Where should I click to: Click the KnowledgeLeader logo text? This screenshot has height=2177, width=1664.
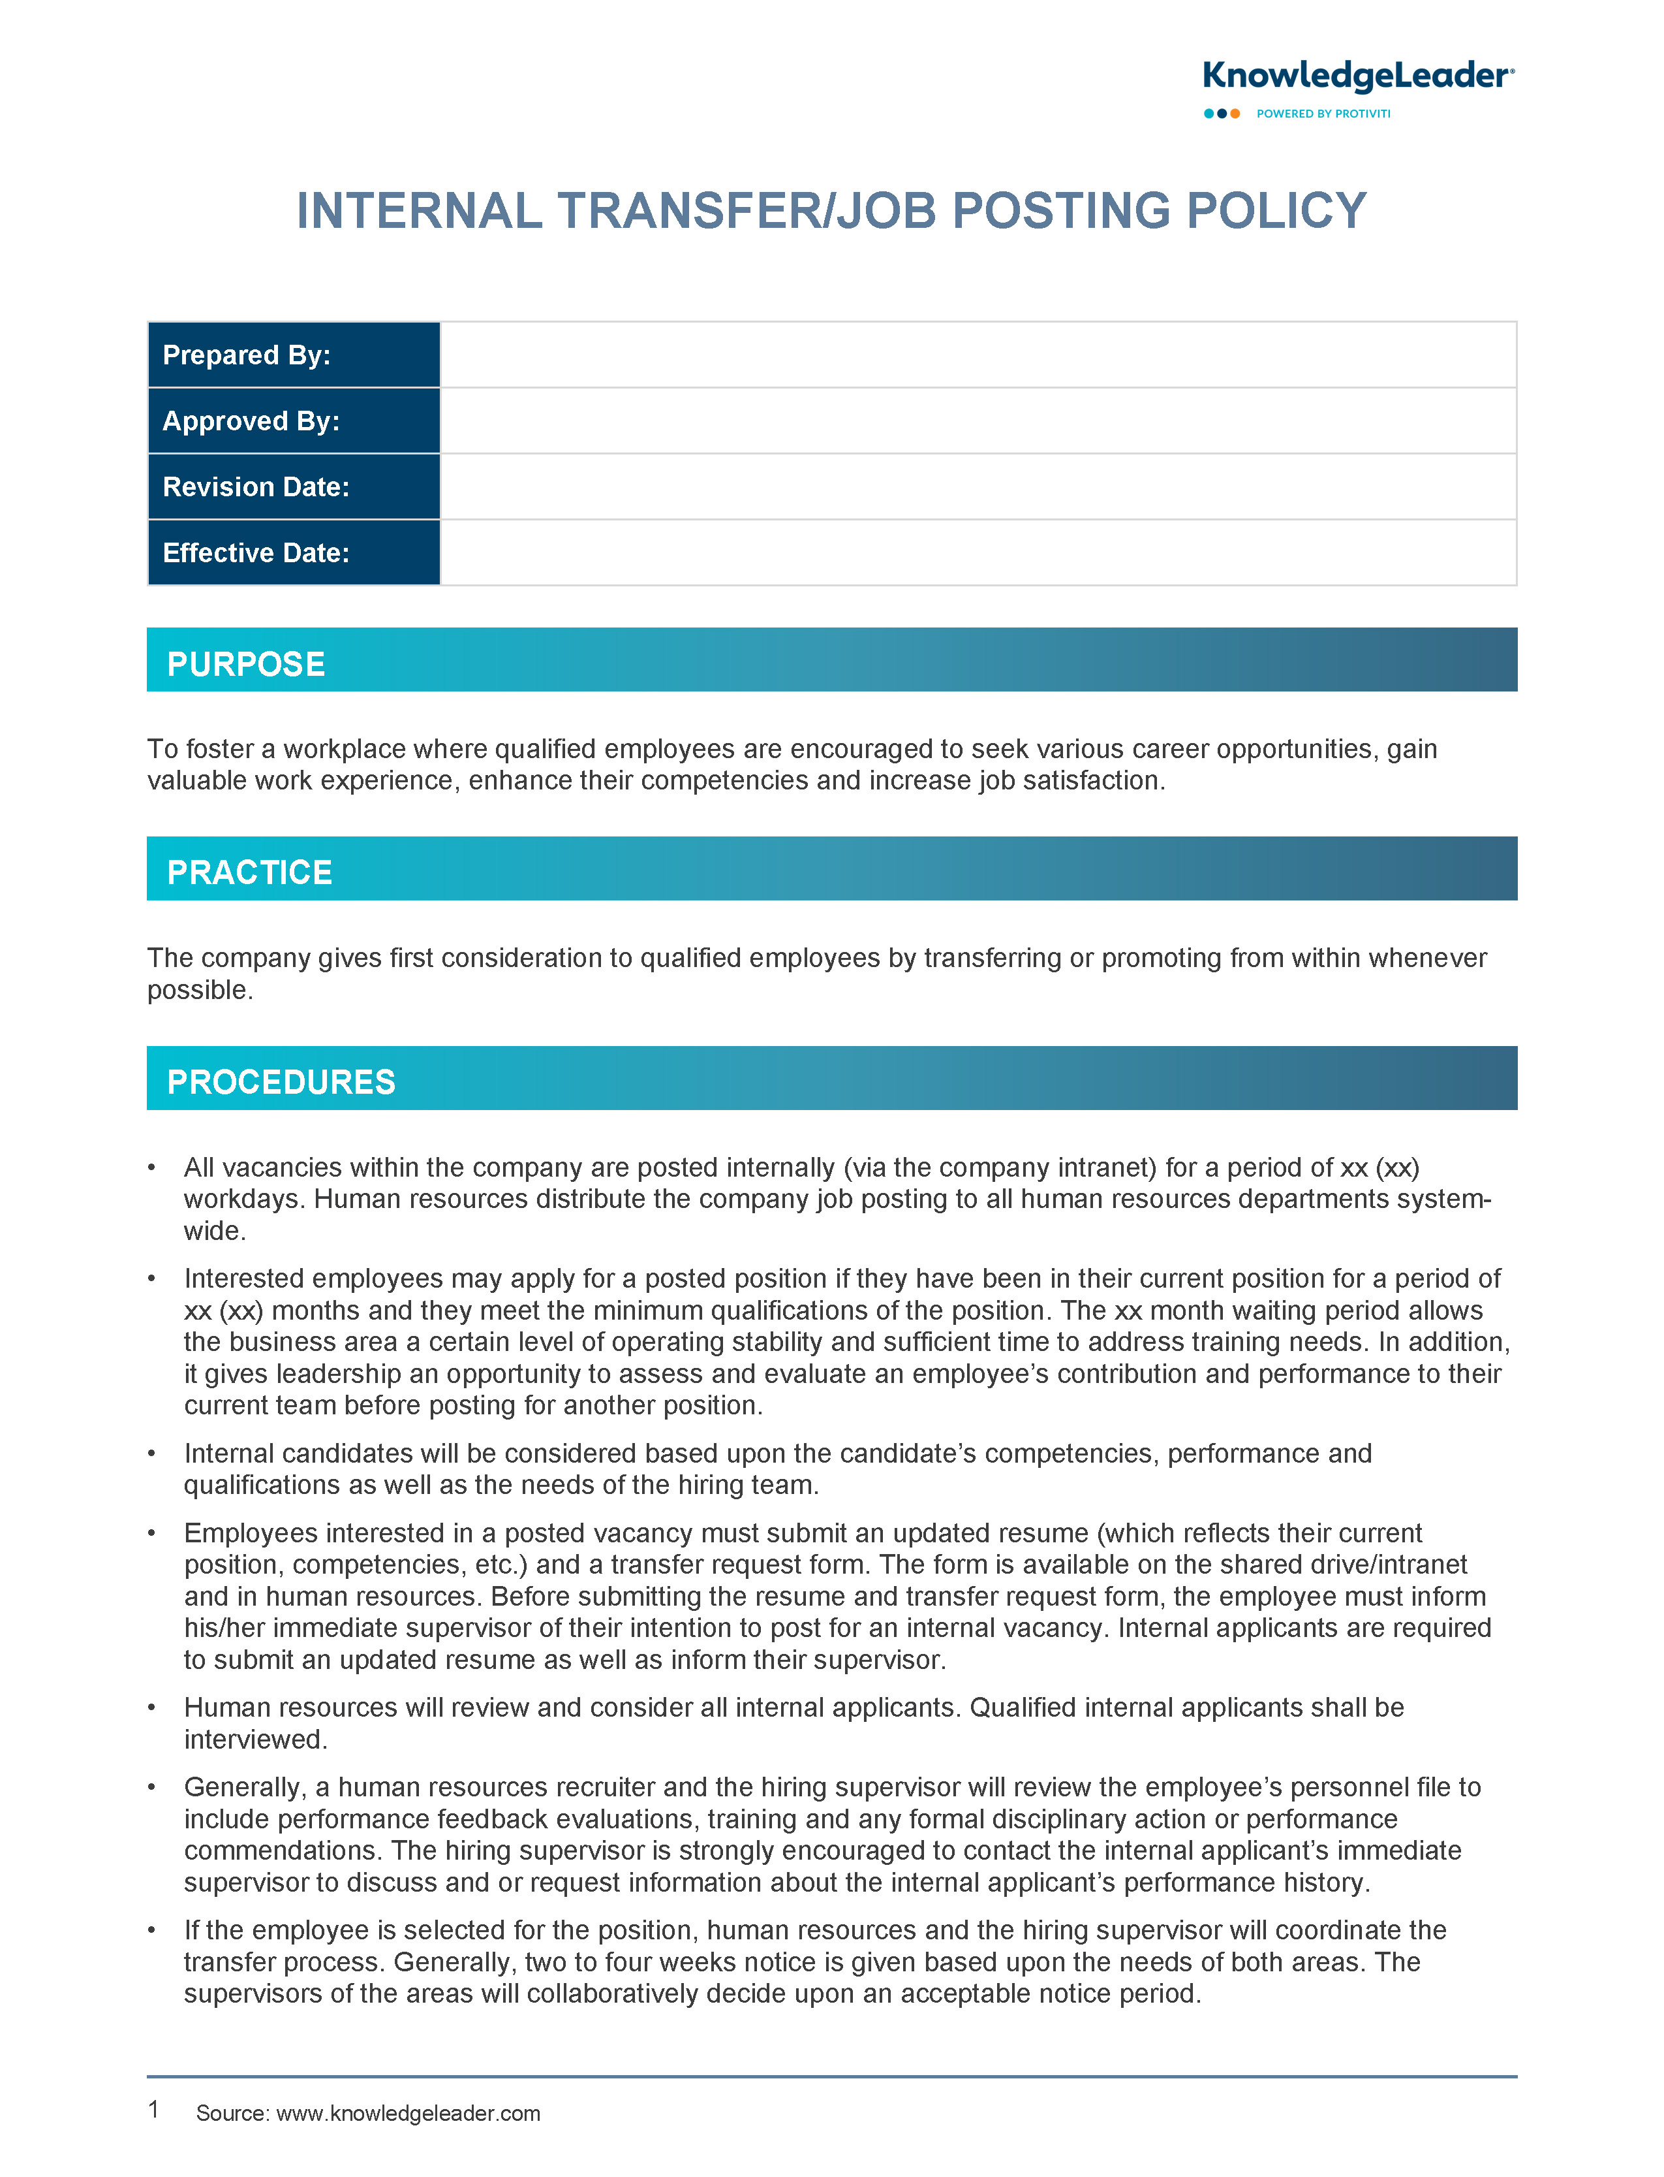coord(1357,76)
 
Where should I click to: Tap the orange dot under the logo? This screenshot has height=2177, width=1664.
coord(1235,114)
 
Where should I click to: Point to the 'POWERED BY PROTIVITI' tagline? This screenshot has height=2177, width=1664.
coord(1323,114)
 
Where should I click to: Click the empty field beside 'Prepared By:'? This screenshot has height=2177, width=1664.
coord(978,355)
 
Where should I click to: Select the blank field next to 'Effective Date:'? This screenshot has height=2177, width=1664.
coord(978,553)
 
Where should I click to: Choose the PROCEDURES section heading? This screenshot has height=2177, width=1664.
coord(281,1082)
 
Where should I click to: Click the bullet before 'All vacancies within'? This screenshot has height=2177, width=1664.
coord(151,1168)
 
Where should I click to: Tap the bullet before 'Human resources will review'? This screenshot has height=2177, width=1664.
coord(151,1708)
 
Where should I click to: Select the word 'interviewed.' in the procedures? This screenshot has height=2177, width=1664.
coord(256,1740)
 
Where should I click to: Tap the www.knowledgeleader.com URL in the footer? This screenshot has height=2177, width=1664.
coord(408,2114)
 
